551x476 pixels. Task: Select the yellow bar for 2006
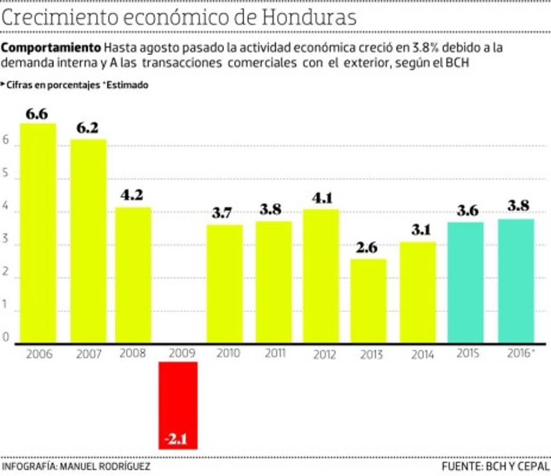[38, 233]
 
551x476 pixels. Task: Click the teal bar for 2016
[516, 280]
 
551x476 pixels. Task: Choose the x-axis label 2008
[132, 353]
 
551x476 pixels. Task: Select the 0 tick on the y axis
[6, 338]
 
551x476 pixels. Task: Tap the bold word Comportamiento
[51, 48]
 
